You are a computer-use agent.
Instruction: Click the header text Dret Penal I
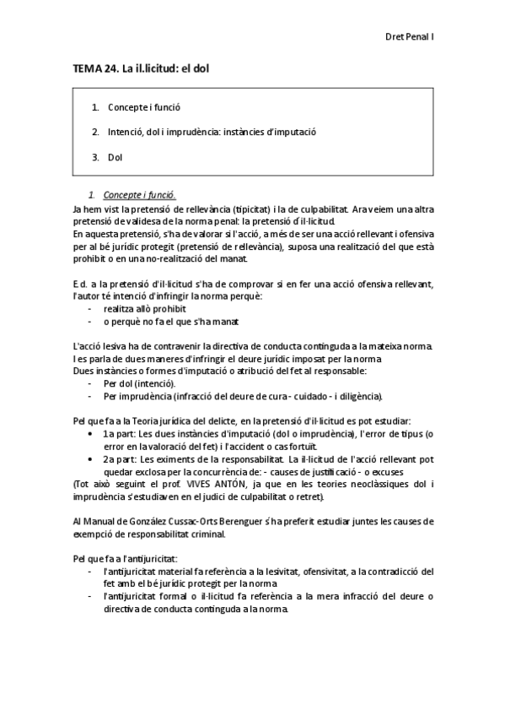pyautogui.click(x=409, y=37)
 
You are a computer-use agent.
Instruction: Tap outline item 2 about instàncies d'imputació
pyautogui.click(x=212, y=133)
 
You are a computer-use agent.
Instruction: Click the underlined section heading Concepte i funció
pyautogui.click(x=140, y=195)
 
